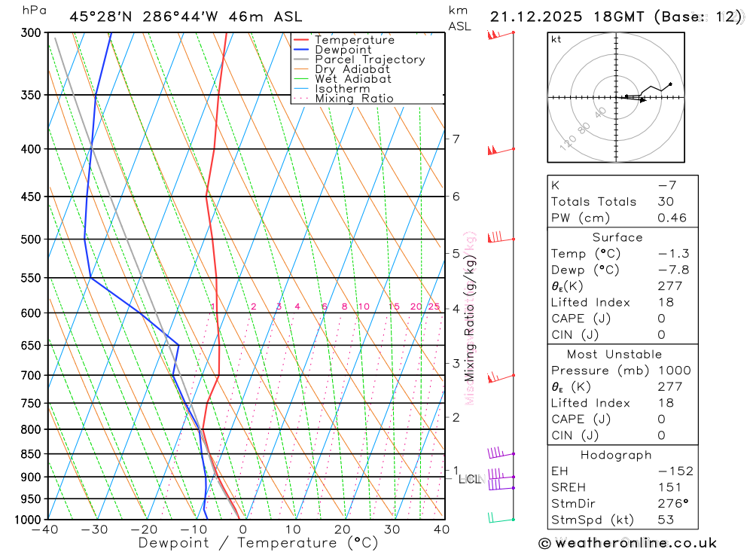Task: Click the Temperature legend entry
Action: (354, 40)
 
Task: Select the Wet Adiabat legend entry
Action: (352, 79)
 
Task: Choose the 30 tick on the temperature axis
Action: (392, 529)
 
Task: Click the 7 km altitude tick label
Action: (456, 139)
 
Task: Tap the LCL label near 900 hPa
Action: (469, 479)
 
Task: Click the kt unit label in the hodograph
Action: (556, 39)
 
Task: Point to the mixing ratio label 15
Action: (394, 306)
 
